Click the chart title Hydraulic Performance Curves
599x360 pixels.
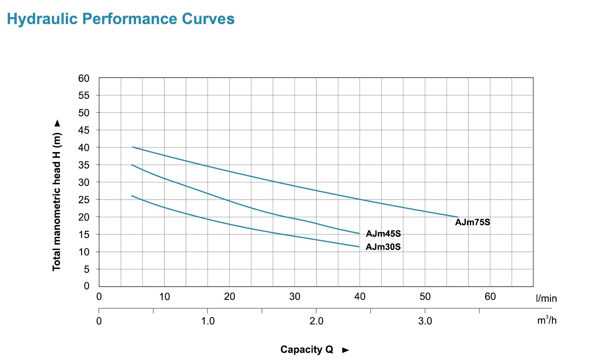coord(121,19)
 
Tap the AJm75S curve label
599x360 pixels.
coord(472,222)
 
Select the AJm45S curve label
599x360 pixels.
coord(383,234)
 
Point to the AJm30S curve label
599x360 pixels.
coord(383,247)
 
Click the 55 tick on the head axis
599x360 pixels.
coord(84,96)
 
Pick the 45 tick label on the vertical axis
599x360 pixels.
coord(84,130)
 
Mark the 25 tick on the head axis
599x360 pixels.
coord(84,199)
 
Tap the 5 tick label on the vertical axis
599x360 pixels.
coord(86,269)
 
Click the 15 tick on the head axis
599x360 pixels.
coord(84,234)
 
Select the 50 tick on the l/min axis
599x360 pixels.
coord(425,297)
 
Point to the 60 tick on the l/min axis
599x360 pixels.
coord(490,297)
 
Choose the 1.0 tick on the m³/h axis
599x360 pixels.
coord(208,321)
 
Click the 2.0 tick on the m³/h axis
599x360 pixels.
coord(316,321)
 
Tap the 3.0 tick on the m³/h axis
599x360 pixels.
coord(425,321)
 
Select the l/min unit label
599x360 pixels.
coord(546,299)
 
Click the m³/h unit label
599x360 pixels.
coord(547,320)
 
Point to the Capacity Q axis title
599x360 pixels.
coord(307,350)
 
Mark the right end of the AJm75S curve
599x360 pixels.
coord(457,217)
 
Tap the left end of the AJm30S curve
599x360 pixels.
coord(132,196)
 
